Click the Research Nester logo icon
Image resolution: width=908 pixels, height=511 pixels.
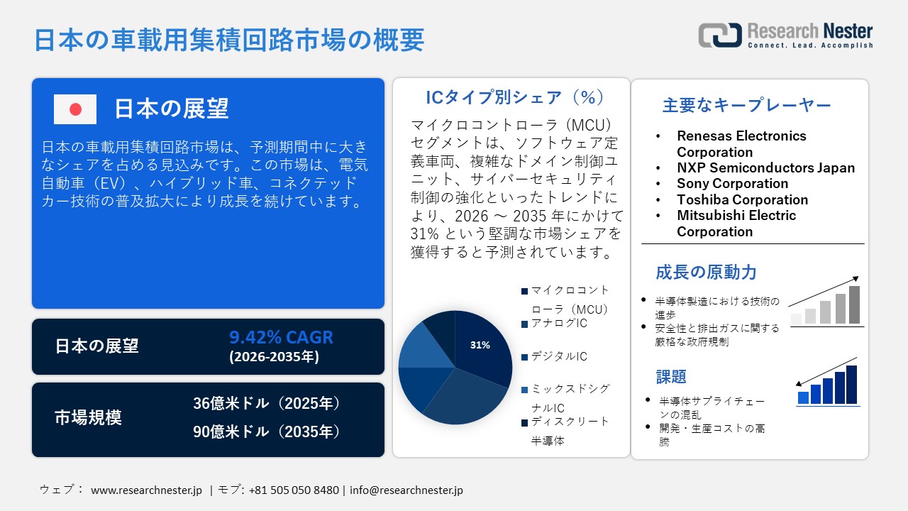pos(719,35)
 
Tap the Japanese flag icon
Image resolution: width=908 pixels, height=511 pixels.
pos(75,109)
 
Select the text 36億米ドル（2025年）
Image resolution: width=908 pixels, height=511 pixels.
pos(267,404)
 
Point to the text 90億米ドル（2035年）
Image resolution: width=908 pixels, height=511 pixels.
pos(267,432)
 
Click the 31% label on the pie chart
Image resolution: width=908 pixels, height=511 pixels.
pos(480,346)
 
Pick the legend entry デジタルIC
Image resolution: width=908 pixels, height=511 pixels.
pos(559,356)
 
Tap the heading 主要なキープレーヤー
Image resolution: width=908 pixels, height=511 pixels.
pos(746,106)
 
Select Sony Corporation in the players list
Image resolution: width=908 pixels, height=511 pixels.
pos(732,184)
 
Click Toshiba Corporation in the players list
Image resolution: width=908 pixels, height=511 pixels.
pos(742,199)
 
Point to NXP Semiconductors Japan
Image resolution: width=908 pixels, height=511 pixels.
pos(765,168)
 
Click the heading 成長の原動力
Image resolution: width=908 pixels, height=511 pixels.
pos(706,272)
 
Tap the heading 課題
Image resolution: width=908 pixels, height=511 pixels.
pos(671,377)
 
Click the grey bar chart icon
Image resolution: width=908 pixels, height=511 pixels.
pos(826,303)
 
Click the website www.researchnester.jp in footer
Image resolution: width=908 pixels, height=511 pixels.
pos(147,490)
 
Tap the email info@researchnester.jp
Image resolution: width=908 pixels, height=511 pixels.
pos(406,490)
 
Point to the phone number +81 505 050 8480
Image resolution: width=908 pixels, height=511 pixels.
pos(294,490)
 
